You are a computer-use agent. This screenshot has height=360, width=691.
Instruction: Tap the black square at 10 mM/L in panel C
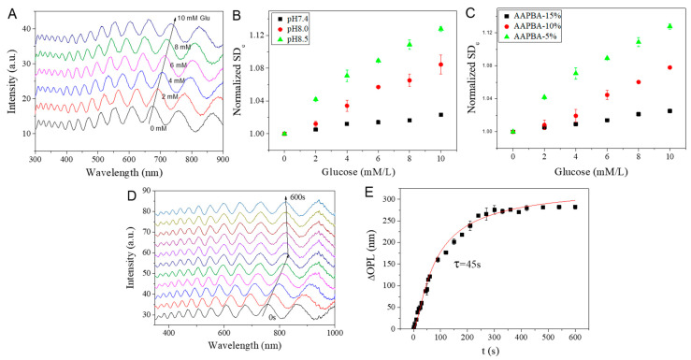pyautogui.click(x=670, y=110)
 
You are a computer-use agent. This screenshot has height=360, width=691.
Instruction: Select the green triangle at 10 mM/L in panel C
pyautogui.click(x=670, y=26)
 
